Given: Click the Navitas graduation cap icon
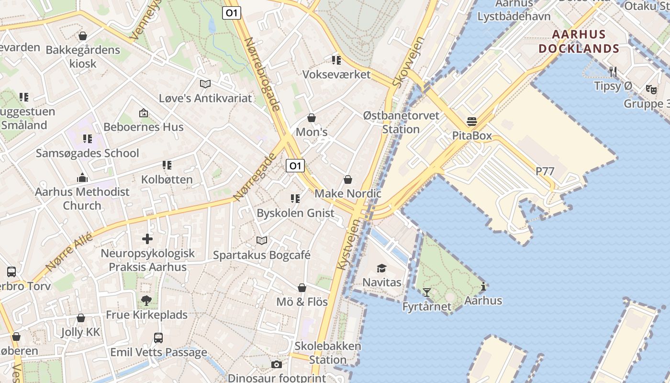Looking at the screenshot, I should pos(381,268).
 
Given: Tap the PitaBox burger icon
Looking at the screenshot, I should pos(472,122).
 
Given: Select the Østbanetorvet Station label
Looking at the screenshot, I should pos(401,123).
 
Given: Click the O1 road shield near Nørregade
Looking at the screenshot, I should pos(295,166).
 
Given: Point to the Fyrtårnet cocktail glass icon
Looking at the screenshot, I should pos(426,292).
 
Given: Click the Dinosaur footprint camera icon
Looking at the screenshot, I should pos(276,365).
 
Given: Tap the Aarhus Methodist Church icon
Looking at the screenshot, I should pos(82,178).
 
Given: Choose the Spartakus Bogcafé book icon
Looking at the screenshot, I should pos(261,240).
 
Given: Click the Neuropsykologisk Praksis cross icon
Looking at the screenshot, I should pos(147,238).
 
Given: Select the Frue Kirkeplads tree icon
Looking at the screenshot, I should pos(146,301).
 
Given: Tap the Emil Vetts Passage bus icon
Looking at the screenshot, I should pos(158,338).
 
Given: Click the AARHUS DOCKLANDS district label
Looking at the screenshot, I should pos(579,42).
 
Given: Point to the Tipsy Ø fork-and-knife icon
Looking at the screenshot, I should pos(613,72).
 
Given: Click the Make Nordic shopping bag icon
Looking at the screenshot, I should pos(348,180).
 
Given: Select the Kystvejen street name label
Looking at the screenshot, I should pos(348,244).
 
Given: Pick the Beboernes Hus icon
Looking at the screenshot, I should pos(143,113).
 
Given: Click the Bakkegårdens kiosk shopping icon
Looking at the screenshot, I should pos(83,36).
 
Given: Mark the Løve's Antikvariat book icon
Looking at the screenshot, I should pos(205,84).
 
